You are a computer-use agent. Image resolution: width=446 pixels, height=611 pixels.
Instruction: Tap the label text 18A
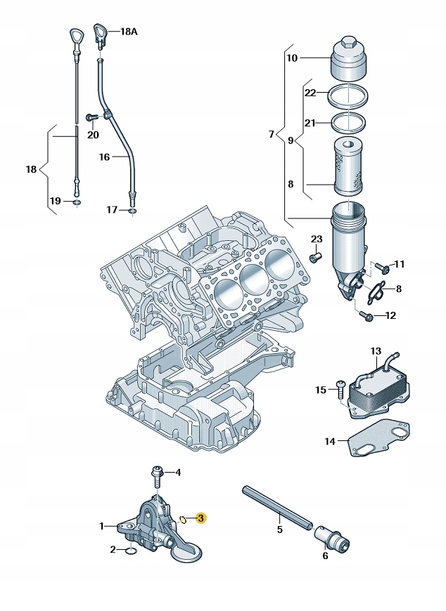click(x=130, y=32)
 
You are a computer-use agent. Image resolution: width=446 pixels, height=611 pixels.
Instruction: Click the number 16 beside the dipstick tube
click(x=104, y=157)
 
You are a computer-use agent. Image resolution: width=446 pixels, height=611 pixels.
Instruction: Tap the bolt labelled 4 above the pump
click(x=157, y=478)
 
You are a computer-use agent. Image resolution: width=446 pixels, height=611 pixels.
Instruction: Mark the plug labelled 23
click(x=316, y=258)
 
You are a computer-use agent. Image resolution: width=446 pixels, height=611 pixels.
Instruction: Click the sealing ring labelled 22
click(x=348, y=93)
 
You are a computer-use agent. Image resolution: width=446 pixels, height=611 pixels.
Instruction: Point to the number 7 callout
click(x=272, y=134)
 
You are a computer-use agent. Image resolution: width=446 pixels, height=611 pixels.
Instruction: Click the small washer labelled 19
click(x=77, y=203)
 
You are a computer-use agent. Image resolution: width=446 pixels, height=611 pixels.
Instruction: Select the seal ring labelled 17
click(x=132, y=209)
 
